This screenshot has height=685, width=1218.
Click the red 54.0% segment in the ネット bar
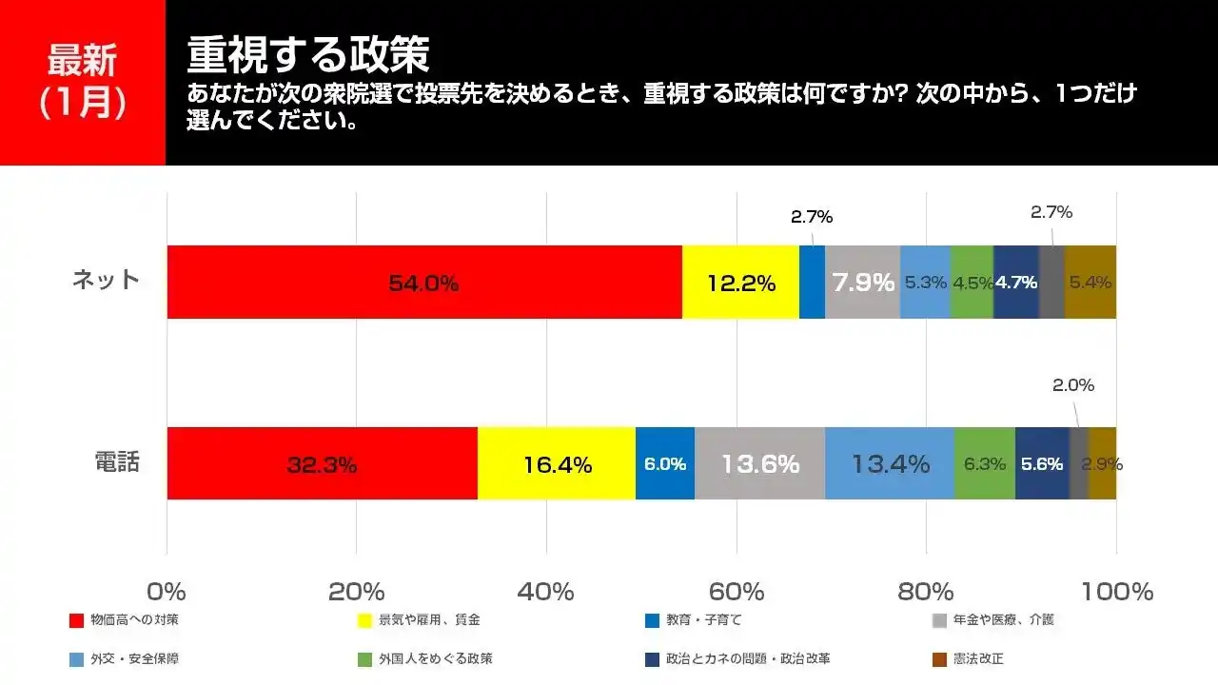(x=424, y=283)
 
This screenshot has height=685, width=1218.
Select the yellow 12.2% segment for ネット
(x=740, y=283)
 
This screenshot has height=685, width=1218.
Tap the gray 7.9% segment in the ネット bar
(x=862, y=283)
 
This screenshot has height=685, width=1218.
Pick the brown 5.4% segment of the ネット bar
(x=1090, y=283)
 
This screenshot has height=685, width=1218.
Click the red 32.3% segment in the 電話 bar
(x=322, y=464)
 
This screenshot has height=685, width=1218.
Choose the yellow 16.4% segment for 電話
(x=557, y=464)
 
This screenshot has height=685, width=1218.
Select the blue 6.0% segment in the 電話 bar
(x=664, y=464)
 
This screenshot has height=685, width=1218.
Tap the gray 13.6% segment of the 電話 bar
(x=759, y=464)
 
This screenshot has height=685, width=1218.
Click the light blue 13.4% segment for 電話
(x=890, y=464)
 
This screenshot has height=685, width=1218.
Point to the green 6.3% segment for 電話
(x=984, y=464)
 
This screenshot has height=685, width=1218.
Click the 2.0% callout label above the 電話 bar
(x=1072, y=385)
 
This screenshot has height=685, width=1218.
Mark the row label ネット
(x=106, y=280)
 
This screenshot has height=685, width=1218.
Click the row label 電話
(x=117, y=462)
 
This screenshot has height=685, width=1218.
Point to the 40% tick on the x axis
(x=546, y=591)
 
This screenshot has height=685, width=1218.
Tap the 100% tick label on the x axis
(x=1115, y=591)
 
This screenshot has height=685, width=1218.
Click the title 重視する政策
(x=308, y=55)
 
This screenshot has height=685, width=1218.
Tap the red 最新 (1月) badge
(x=83, y=83)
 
